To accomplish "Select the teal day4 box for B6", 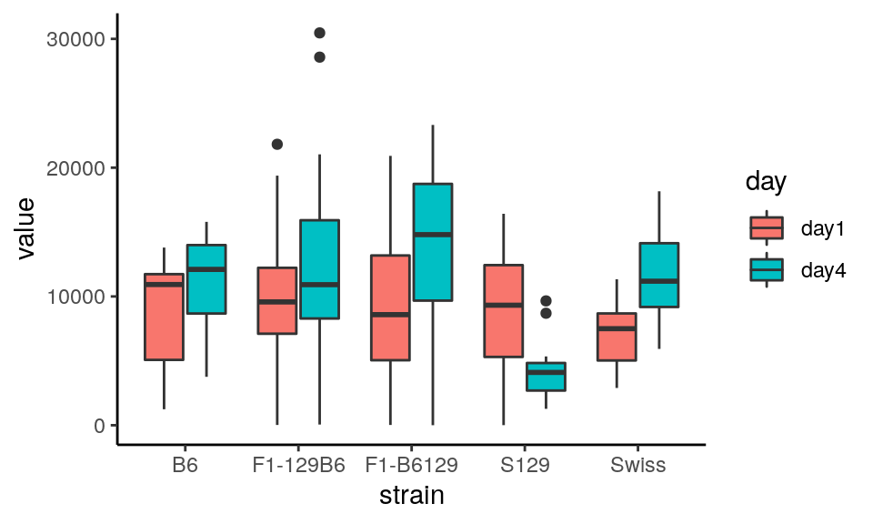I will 206,279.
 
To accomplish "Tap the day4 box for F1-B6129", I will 432,242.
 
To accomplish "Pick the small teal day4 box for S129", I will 546,377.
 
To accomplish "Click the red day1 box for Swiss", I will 615,337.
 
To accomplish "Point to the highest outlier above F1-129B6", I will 319,34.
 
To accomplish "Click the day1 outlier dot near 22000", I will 277,144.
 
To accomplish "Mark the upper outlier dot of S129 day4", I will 546,301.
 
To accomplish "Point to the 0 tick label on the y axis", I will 99,426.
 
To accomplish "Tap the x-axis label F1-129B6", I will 298,466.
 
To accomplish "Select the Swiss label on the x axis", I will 637,466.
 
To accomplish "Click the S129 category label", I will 524,466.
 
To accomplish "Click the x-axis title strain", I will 411,496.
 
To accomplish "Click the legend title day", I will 766,182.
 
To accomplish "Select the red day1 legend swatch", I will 767,227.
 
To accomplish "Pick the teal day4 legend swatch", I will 767,270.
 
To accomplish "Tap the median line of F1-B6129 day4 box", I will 432,235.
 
